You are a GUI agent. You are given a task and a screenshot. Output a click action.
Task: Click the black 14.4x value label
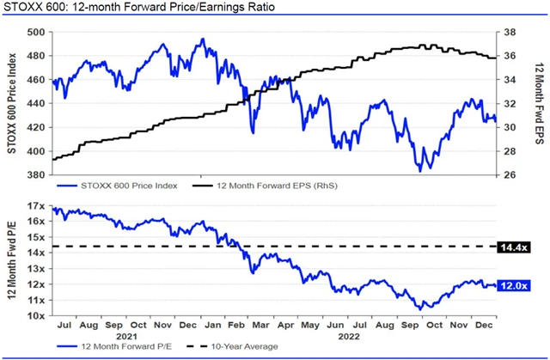click(x=518, y=247)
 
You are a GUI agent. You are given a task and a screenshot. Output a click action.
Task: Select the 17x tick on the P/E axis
click(x=35, y=206)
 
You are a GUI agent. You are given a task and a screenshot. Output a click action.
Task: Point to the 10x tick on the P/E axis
click(x=35, y=315)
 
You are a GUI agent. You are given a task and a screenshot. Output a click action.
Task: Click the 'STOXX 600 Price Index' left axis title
click(x=12, y=103)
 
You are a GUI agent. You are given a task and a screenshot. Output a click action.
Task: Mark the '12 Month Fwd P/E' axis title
click(x=12, y=261)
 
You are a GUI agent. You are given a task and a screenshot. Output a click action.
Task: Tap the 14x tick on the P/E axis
click(x=35, y=253)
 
